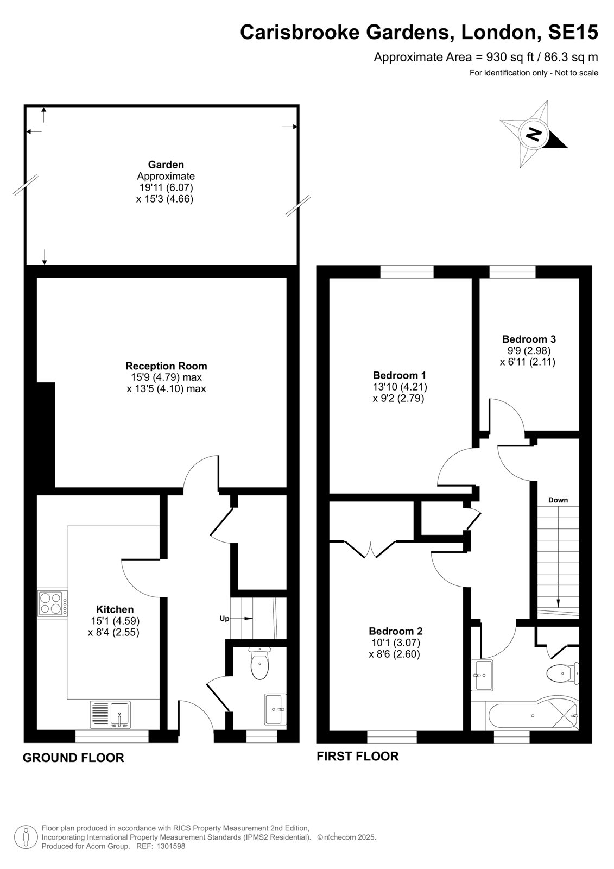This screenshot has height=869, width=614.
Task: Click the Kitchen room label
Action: tap(115, 609)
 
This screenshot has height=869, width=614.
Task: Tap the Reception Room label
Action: tap(166, 366)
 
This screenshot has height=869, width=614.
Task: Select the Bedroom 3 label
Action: tap(529, 339)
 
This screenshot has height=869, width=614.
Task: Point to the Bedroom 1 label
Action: tap(399, 375)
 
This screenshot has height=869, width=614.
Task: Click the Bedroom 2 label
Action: tap(396, 631)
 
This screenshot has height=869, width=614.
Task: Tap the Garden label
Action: tap(166, 165)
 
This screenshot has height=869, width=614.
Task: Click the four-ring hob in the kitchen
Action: tap(53, 603)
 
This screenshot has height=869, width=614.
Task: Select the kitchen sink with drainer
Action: tap(111, 714)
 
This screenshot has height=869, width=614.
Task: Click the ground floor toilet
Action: tap(259, 662)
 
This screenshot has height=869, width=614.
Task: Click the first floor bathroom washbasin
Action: tap(482, 676)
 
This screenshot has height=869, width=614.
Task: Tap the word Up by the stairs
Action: tap(225, 619)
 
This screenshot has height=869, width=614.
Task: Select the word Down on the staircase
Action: tap(558, 500)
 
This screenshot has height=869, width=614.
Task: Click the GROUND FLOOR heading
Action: tap(73, 758)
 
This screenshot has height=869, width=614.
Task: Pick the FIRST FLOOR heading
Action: tap(358, 756)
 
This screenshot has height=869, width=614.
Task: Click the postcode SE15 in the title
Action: tap(573, 32)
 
